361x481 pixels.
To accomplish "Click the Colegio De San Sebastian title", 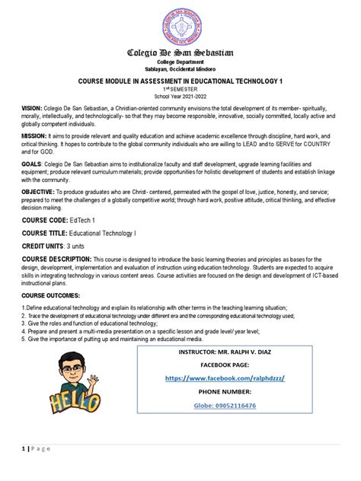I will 180,53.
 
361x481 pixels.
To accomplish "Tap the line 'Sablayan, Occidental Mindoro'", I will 180,68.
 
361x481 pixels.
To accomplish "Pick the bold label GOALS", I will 33,163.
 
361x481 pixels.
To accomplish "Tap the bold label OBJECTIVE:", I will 40,193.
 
